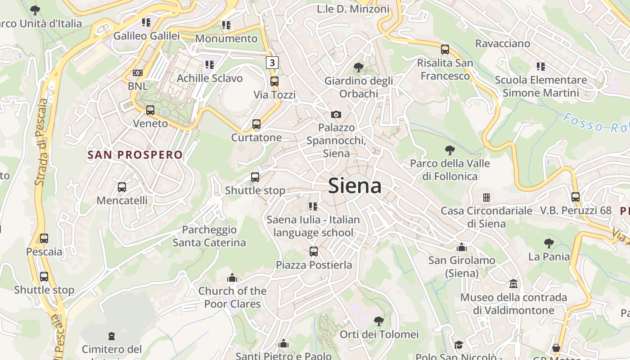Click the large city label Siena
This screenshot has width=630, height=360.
[x=355, y=185]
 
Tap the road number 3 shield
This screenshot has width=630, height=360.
[x=272, y=63]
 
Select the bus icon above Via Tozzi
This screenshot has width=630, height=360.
[x=274, y=81]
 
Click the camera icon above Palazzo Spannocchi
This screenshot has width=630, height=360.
[x=336, y=114]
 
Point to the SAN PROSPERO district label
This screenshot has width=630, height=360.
[x=135, y=155]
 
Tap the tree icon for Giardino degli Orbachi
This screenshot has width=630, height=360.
[x=359, y=68]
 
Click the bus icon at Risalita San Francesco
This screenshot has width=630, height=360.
[x=445, y=49]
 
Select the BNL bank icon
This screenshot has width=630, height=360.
[x=138, y=73]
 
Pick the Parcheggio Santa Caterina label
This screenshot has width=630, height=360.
[x=209, y=236]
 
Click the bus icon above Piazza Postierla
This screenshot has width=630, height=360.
[x=314, y=252]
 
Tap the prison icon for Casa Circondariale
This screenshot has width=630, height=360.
[x=486, y=197]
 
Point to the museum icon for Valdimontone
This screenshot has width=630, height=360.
[x=513, y=284]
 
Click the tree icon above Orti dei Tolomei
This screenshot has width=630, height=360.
[x=379, y=321]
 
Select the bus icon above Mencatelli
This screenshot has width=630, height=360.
[x=121, y=187]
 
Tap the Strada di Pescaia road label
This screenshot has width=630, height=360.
[x=41, y=142]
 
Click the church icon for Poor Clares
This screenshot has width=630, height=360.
[x=232, y=278]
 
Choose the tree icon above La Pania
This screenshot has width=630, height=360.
[x=549, y=243]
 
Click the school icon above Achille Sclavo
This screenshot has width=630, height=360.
[x=209, y=65]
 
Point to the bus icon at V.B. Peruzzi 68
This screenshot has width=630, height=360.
[x=576, y=197]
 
